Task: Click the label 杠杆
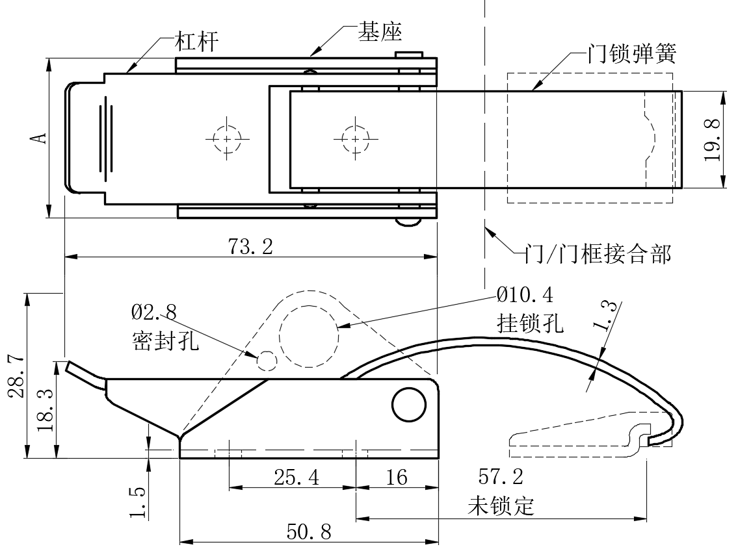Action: point(196,44)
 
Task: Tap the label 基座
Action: point(380,32)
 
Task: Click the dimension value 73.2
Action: point(250,246)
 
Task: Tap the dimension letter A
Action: point(40,138)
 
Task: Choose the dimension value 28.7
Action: point(18,375)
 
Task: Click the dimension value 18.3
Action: point(47,411)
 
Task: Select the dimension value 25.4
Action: point(296,478)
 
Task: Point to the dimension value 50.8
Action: point(309,533)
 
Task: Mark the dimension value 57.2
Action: point(501,478)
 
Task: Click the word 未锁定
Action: point(501,505)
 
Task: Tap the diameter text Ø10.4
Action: point(525,296)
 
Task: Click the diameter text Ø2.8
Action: point(153,312)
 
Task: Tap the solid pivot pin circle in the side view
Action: point(408,404)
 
